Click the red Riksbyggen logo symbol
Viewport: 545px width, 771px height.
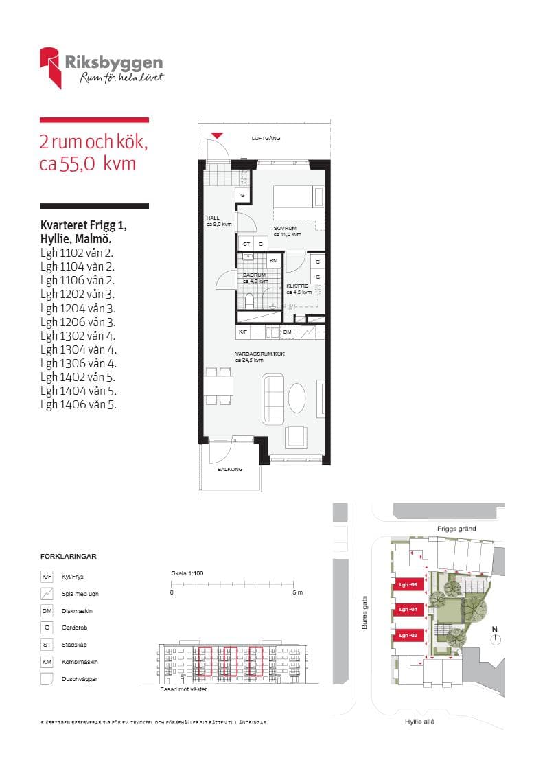coord(51,67)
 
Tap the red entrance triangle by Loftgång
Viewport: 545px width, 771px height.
coord(217,136)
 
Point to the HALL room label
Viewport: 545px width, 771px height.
coord(213,217)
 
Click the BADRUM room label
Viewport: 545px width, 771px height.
coord(254,275)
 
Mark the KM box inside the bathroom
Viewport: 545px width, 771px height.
coord(273,261)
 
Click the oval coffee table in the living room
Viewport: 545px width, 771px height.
coord(298,398)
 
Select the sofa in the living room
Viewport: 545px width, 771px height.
coord(274,399)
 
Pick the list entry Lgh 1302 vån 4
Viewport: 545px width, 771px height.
coord(78,336)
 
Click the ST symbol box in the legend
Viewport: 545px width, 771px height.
coord(47,645)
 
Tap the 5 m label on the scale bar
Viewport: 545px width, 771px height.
coord(297,592)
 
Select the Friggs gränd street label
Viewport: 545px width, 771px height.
coord(456,529)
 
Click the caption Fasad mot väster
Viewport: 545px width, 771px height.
coord(183,689)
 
